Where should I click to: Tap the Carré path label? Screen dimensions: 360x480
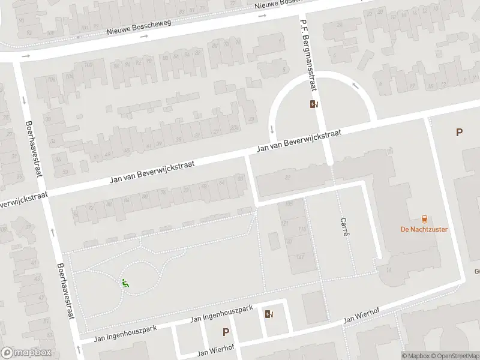(344, 226)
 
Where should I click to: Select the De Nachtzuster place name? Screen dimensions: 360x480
(425, 229)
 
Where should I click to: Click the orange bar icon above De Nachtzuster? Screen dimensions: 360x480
(425, 218)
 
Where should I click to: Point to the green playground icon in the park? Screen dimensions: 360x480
(125, 283)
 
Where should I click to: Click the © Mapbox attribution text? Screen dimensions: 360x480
(416, 356)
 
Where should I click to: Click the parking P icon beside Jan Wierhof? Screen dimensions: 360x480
(226, 331)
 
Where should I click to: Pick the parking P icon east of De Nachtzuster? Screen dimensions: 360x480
(459, 133)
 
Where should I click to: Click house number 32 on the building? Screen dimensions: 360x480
(288, 176)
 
